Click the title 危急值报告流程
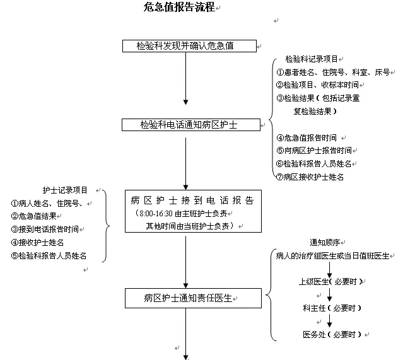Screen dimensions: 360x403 pos(178,8)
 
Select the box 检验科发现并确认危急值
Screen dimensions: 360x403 pos(189,45)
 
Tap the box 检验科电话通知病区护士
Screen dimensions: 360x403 pos(190,124)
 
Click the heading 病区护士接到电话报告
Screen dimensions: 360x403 pos(192,200)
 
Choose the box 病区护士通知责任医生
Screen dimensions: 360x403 pos(185,296)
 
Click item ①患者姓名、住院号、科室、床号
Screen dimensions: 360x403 pos(333,72)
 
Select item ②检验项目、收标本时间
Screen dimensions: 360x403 pos(317,84)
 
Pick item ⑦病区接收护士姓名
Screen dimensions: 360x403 pos(310,177)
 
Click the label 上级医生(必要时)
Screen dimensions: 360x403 pos(332,282)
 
